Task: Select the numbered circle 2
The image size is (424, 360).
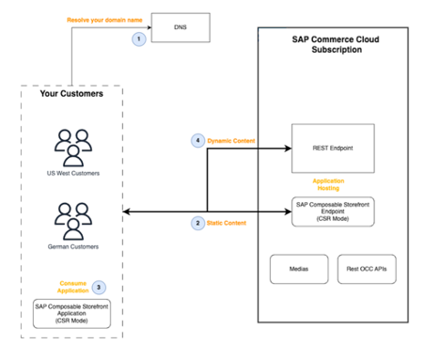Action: click(197, 223)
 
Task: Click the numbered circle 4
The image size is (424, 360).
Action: click(197, 141)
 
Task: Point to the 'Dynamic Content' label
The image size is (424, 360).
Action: click(235, 141)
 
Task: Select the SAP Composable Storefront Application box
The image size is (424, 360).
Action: click(72, 313)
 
